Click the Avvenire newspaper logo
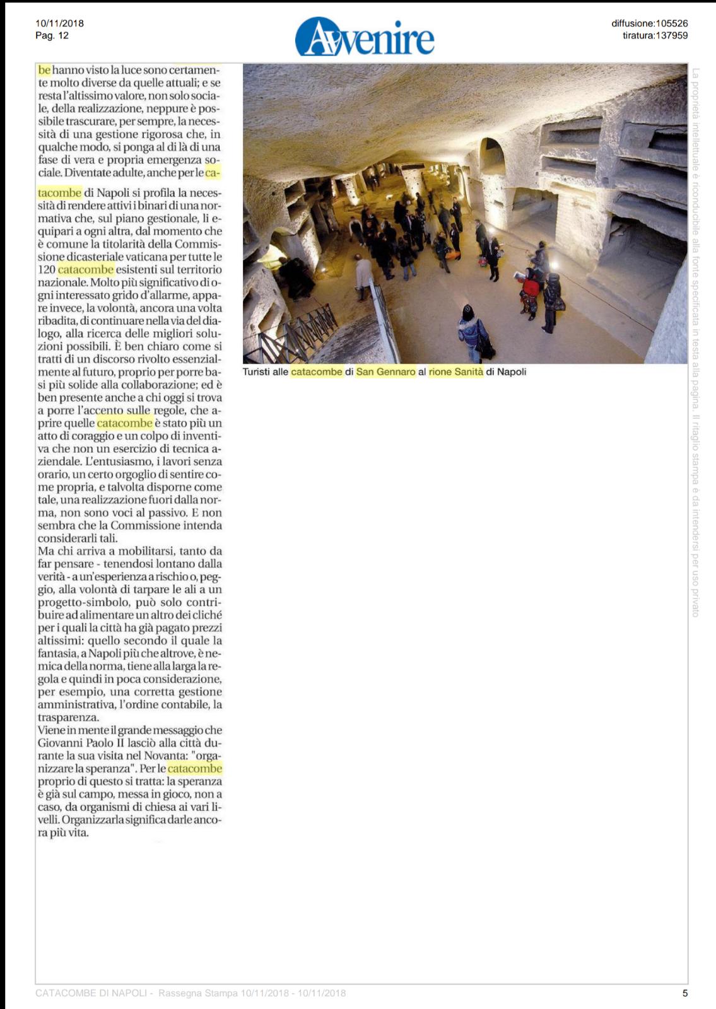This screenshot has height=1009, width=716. (365, 37)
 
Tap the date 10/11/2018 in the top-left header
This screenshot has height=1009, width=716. (59, 23)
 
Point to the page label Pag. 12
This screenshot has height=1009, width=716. (52, 35)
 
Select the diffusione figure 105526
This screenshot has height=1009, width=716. (672, 23)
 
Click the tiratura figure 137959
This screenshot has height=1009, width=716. (671, 35)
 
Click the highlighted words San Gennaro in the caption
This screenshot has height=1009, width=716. (386, 372)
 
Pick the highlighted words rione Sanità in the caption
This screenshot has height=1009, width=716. (456, 372)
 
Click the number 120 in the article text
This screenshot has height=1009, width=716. (46, 270)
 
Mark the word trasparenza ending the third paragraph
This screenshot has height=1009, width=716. (67, 718)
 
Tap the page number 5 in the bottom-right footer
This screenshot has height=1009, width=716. (685, 993)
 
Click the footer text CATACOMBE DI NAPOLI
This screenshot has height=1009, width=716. (91, 993)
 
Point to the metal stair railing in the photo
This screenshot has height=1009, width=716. (303, 328)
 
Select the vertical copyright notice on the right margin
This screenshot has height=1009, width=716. (696, 341)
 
